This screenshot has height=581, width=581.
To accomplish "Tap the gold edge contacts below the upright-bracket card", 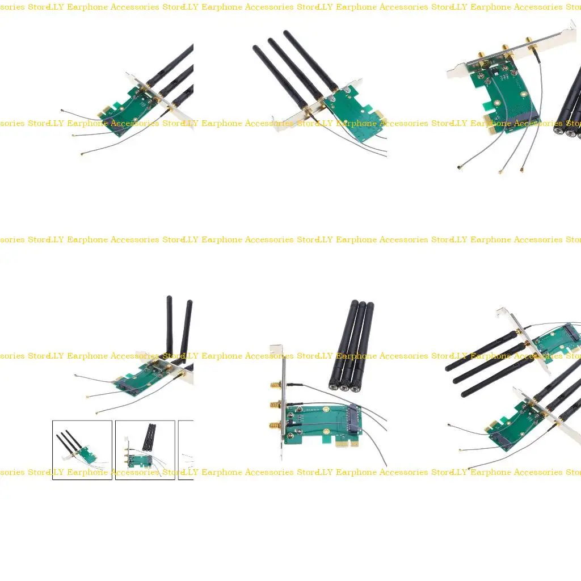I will [x=346, y=443].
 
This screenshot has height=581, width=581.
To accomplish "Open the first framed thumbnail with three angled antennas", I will [x=82, y=450].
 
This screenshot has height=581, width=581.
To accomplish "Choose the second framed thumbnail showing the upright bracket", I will [x=145, y=450].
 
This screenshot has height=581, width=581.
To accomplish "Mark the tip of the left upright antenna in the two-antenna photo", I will [x=169, y=298].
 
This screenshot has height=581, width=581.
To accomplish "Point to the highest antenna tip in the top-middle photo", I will [x=286, y=33].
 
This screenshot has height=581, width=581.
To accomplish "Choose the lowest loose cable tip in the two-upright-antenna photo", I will [x=98, y=412].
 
